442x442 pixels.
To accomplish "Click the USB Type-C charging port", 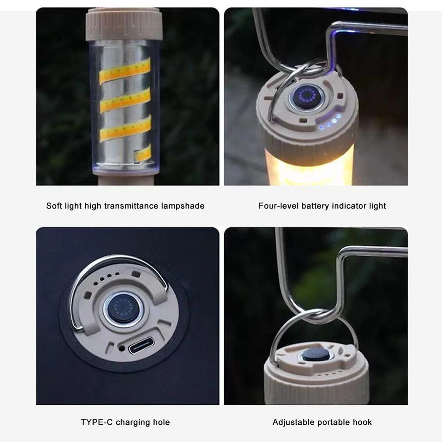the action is click(x=141, y=346).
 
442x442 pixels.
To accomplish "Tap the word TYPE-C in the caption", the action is click(x=97, y=422).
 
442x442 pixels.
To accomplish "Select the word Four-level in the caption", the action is click(x=278, y=206).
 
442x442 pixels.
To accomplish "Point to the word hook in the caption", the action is click(x=362, y=422).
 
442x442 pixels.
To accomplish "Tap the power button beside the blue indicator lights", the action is click(x=307, y=97).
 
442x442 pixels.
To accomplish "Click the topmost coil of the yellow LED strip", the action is click(x=125, y=70).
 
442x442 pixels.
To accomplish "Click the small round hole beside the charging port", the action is click(x=122, y=348).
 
